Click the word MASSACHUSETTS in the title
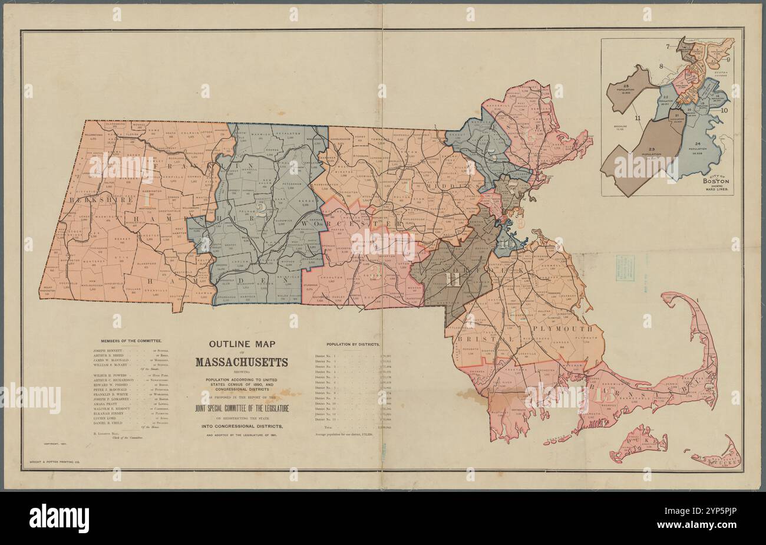pyautogui.click(x=242, y=362)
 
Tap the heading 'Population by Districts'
pyautogui.click(x=353, y=343)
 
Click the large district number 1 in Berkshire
pyautogui.click(x=147, y=201)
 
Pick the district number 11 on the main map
pyautogui.click(x=454, y=278)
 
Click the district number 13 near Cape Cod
pyautogui.click(x=605, y=395)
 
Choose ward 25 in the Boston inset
pyautogui.click(x=626, y=88)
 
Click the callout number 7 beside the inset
pyautogui.click(x=669, y=46)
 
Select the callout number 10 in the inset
pyautogui.click(x=724, y=110)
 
